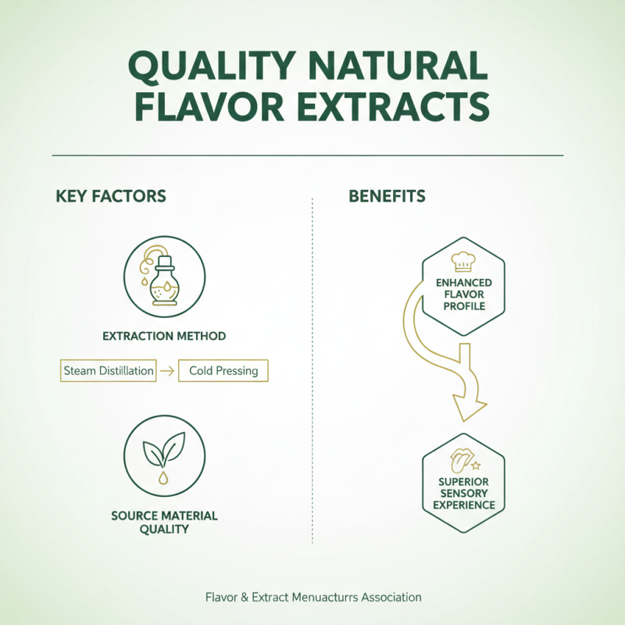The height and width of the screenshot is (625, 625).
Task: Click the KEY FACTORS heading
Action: coord(111,196)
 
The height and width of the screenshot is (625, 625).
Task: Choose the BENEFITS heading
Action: coord(387,196)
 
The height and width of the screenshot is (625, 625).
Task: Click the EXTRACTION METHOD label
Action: coord(164,336)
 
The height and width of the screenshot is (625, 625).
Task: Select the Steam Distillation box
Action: coord(107,370)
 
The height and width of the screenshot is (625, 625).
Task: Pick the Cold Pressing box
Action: coord(223,370)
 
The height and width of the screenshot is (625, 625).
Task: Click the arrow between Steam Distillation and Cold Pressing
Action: coord(166,370)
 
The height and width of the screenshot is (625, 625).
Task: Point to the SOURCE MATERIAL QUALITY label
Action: coord(164,522)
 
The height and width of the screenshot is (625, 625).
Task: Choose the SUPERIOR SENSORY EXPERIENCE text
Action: coord(463,494)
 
